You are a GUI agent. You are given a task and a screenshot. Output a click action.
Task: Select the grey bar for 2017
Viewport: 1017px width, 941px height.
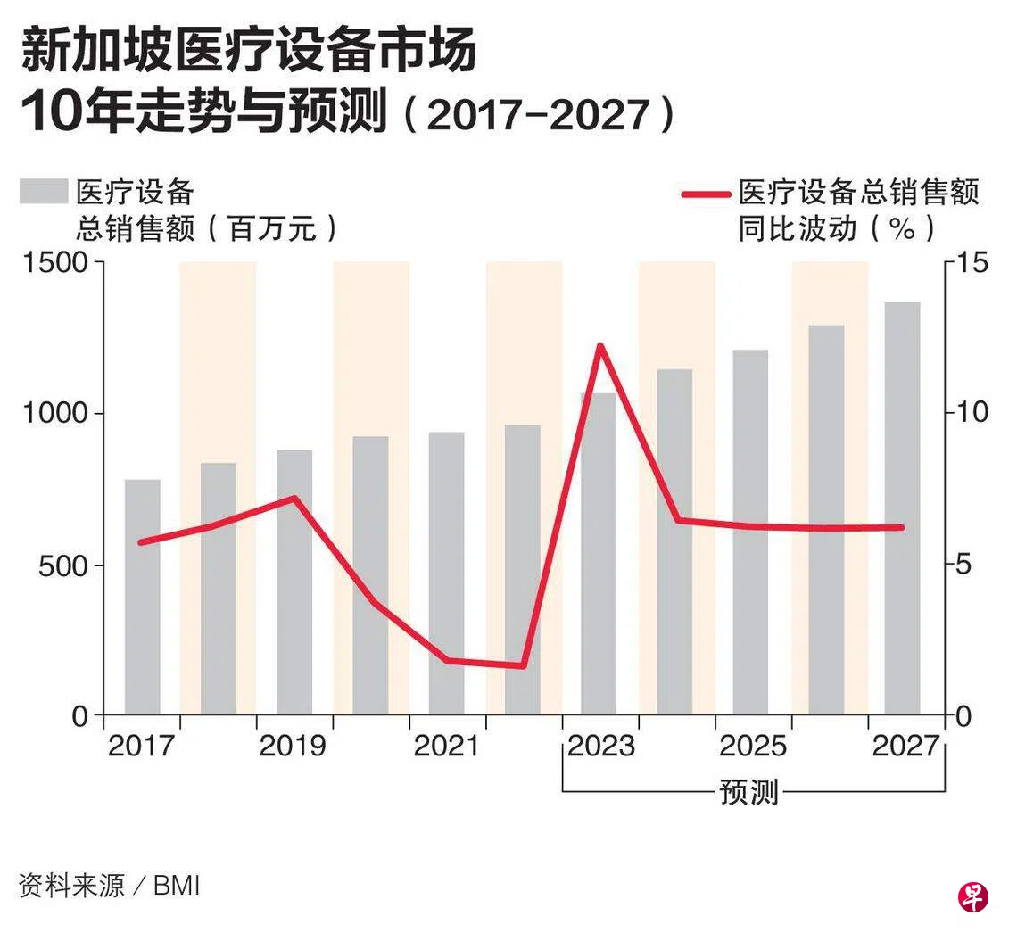pos(142,598)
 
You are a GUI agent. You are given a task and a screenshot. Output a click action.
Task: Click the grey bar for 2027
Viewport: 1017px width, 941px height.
pos(902,508)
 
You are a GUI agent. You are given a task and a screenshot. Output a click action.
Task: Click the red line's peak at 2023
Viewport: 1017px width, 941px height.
pos(599,346)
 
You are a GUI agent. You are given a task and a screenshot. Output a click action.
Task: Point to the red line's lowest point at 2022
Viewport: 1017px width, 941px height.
pos(523,665)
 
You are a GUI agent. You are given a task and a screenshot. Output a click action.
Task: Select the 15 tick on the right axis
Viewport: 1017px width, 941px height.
pos(970,263)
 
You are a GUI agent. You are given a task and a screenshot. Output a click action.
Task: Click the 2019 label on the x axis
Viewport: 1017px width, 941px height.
pos(293,745)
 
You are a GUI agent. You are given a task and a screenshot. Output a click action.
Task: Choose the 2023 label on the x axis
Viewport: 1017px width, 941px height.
pos(601,745)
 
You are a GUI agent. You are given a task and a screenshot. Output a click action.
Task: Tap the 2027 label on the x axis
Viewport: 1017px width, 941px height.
pos(906,745)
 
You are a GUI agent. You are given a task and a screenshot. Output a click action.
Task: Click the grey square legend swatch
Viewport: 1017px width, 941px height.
pos(44,192)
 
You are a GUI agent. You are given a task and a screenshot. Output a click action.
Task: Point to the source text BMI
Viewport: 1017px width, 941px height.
pos(177,887)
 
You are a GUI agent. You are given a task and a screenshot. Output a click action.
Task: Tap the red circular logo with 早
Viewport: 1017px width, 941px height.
pos(972,896)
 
